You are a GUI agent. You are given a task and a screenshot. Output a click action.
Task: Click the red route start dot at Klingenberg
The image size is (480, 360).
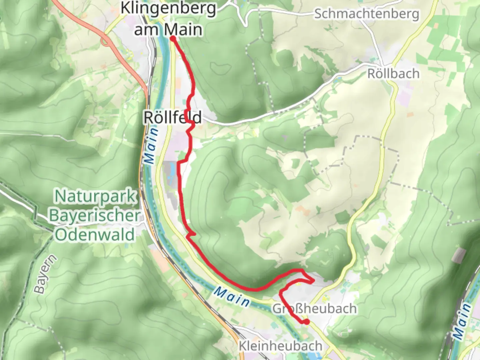[173, 39]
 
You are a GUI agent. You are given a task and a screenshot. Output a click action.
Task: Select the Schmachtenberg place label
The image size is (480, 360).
[366, 14]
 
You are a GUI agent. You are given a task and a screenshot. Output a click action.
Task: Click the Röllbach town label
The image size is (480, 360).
[393, 74]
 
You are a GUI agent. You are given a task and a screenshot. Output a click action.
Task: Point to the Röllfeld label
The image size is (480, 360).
[172, 117]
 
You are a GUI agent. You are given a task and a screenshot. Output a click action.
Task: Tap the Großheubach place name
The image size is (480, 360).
[315, 309]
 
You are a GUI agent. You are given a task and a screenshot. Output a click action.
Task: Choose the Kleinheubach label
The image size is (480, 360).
[280, 346]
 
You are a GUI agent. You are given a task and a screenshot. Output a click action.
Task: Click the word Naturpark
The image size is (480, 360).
[96, 196]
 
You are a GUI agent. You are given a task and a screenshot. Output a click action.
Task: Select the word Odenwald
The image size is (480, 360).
[95, 235]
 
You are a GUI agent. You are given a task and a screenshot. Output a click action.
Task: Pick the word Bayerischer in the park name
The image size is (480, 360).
[95, 215]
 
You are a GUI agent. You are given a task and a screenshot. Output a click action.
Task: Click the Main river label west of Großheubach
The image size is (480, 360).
[232, 296]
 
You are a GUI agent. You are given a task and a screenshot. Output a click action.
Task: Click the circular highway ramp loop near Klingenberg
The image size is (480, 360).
[106, 42]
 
